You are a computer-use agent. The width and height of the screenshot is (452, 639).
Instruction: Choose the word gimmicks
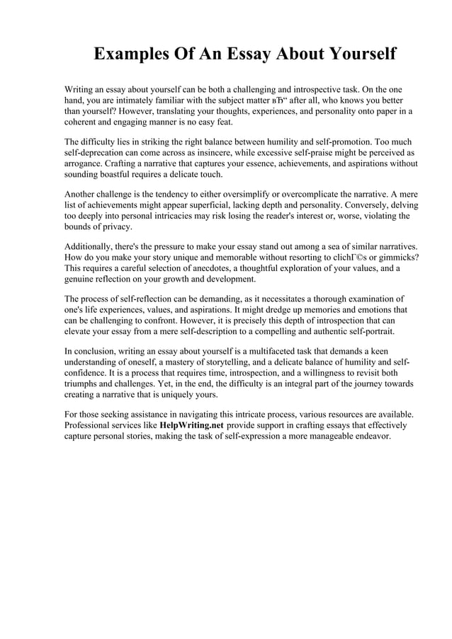pos(395,258)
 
